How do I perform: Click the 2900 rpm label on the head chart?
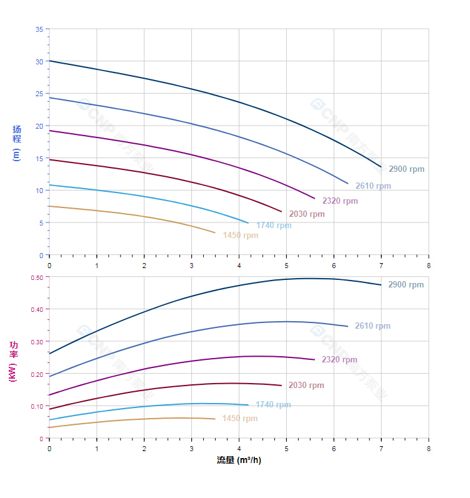[406, 169]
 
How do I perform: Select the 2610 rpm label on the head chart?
[373, 186]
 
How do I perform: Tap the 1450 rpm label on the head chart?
[240, 236]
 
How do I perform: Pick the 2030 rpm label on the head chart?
[307, 214]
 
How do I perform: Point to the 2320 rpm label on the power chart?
[339, 360]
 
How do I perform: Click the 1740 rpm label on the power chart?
[273, 405]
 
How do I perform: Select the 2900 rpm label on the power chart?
[406, 285]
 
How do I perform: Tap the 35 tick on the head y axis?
[39, 29]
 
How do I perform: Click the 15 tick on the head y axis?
[39, 159]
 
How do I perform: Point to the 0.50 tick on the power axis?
[37, 277]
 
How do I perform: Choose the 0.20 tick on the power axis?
[37, 374]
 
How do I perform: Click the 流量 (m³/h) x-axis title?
[239, 461]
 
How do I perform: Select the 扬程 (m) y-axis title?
[17, 143]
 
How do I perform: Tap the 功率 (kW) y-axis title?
[13, 362]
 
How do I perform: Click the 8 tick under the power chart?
[429, 449]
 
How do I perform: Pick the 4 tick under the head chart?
[239, 266]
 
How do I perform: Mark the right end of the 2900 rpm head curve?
[381, 167]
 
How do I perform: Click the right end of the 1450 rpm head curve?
[215, 233]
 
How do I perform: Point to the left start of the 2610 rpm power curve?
[49, 377]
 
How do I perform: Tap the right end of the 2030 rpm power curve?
[282, 386]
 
